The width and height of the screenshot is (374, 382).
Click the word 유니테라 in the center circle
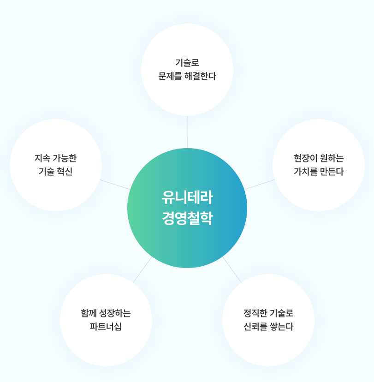[x=187, y=197]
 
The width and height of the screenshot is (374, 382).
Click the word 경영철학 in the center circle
[x=187, y=218]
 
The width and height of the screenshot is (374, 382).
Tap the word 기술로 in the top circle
[x=187, y=63]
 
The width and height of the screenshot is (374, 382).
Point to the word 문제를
[x=170, y=76]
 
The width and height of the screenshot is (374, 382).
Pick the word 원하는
[x=332, y=158]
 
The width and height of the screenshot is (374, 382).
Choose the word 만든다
[x=332, y=172]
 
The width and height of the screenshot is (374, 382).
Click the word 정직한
[x=254, y=313]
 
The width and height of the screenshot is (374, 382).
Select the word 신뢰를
[x=255, y=327]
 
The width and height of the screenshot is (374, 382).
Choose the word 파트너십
[x=106, y=327]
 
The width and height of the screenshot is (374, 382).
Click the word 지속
[x=42, y=158]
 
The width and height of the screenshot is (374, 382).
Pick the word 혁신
[x=65, y=172]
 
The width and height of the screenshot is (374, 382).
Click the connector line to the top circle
[x=187, y=132]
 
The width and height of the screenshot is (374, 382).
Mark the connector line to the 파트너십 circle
[x=142, y=269]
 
